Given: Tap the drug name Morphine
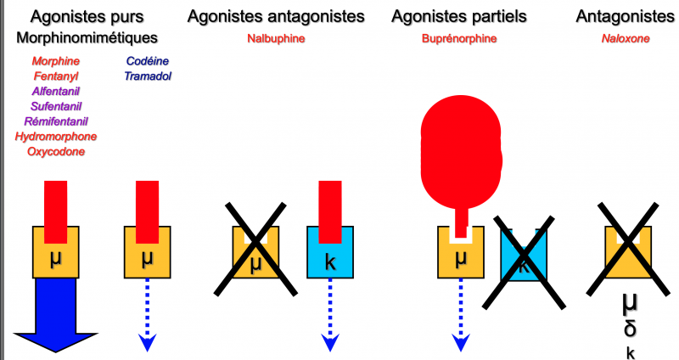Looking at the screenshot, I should click(56, 61).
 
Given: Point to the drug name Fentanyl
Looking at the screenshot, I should click(56, 76).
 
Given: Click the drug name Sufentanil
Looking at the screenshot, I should click(56, 106).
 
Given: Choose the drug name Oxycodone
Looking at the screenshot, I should click(56, 152).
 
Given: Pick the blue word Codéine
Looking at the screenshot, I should click(148, 61).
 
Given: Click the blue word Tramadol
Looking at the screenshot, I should click(148, 76).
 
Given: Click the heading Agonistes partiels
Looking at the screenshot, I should click(459, 16).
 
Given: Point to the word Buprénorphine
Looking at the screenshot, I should click(459, 38).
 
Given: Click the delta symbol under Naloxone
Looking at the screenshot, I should click(629, 329).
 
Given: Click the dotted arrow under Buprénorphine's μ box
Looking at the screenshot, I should click(461, 314).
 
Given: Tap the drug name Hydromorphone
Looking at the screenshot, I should click(56, 137).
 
